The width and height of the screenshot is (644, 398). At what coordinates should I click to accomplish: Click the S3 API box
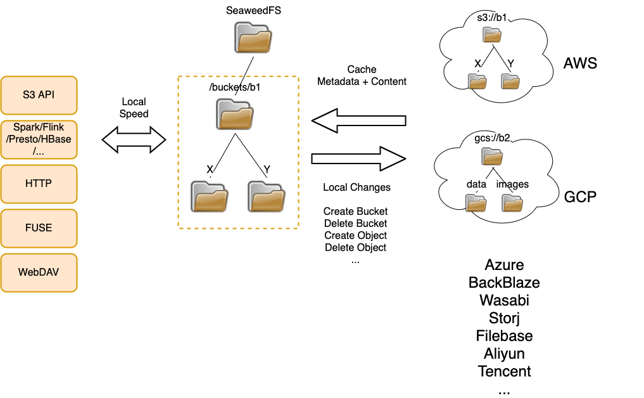tap(39, 95)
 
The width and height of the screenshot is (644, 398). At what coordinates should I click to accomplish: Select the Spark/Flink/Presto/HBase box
tap(39, 139)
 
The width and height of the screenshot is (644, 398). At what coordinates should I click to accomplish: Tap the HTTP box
tap(39, 184)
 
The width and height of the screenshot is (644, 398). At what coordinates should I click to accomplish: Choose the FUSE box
tap(39, 228)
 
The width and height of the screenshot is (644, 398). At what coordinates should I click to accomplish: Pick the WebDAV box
tap(39, 273)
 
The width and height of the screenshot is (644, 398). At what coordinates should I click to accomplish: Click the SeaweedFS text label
tap(253, 11)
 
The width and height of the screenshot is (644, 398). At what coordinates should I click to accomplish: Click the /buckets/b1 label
tap(236, 87)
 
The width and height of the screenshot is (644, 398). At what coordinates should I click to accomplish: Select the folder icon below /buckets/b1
tap(235, 115)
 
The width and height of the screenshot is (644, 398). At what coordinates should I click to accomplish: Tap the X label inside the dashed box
tap(210, 169)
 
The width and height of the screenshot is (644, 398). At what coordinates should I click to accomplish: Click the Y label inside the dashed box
tap(267, 169)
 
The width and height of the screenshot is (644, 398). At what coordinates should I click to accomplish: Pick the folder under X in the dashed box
tap(210, 196)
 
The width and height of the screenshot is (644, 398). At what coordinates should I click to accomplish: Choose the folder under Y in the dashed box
tap(267, 196)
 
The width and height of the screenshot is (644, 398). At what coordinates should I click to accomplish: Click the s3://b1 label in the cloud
tap(492, 17)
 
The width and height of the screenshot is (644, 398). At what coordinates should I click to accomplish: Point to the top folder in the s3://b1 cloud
tap(492, 34)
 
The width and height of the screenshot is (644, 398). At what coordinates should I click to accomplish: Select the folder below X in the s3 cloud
tap(477, 81)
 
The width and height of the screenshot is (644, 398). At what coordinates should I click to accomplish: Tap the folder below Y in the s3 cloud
tap(510, 81)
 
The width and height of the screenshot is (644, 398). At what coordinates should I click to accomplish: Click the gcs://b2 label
tap(492, 138)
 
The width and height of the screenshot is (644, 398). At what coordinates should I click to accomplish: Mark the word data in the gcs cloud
tap(476, 184)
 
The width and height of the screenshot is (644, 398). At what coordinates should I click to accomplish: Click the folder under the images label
tap(512, 203)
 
